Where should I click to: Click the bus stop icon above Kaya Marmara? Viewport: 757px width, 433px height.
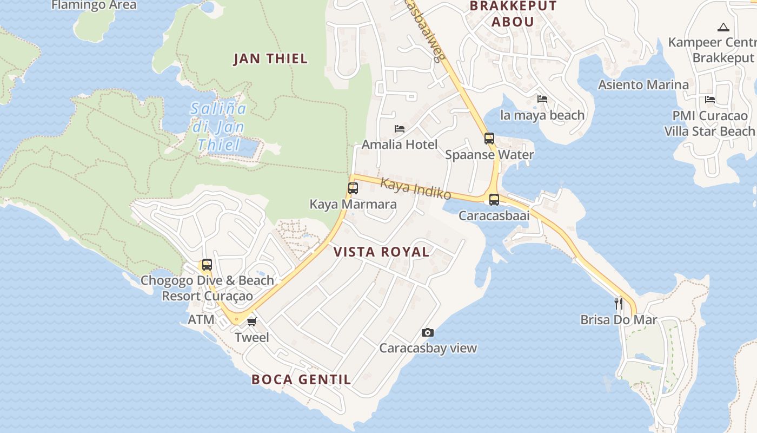(353, 188)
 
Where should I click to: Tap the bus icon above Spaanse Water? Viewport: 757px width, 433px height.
(489, 139)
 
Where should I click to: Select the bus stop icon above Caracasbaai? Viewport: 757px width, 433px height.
(494, 200)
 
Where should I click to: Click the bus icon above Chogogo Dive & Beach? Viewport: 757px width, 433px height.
(207, 265)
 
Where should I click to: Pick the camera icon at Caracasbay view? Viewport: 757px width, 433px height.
(428, 332)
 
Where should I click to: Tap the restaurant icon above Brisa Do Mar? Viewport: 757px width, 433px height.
(619, 303)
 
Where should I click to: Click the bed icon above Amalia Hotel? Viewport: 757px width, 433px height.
(400, 129)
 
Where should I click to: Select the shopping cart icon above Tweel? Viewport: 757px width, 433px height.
(251, 322)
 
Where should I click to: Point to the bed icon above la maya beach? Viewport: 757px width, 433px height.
(542, 99)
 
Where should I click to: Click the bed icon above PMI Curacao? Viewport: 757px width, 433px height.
(710, 100)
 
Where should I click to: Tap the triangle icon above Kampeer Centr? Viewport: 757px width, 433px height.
(723, 27)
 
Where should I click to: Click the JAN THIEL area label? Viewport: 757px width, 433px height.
(270, 58)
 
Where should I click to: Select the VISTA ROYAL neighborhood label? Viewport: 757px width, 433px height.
(381, 252)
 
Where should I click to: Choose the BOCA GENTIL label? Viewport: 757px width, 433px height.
(301, 379)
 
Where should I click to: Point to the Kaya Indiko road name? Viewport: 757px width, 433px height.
(415, 188)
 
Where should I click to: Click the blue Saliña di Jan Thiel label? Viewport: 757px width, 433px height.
(219, 127)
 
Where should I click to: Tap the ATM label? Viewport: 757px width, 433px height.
(201, 320)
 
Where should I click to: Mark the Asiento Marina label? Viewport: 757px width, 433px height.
(643, 85)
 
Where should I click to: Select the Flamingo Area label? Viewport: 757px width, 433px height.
(94, 5)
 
